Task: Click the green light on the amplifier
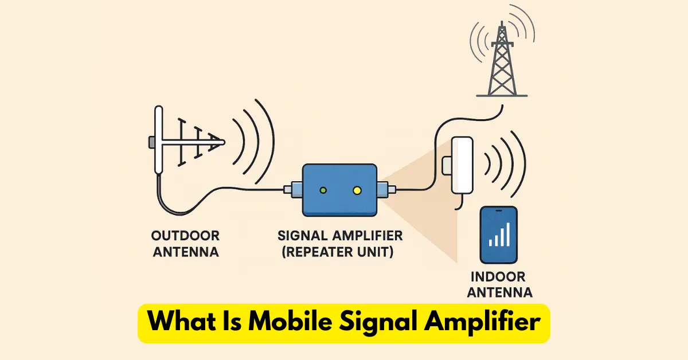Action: pos(324,190)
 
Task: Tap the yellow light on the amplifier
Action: pos(357,190)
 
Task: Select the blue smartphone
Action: pos(498,235)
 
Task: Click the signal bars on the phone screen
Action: pos(499,236)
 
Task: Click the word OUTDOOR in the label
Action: pos(185,236)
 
